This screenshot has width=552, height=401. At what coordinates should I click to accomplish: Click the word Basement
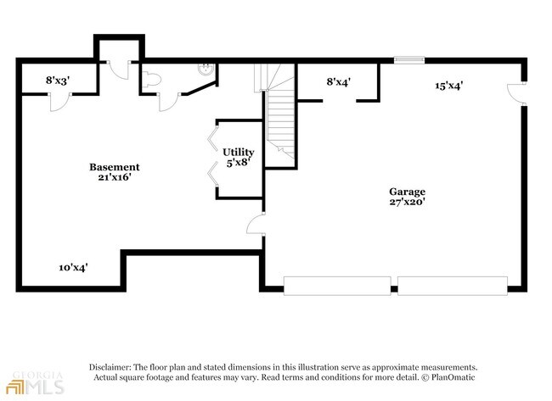click(x=115, y=167)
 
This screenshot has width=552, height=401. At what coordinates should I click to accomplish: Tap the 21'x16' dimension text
click(x=115, y=179)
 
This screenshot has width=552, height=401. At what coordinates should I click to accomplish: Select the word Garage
click(x=408, y=192)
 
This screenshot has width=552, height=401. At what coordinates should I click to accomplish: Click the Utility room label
click(x=239, y=152)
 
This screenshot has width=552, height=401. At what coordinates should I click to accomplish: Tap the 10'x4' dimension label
click(x=73, y=267)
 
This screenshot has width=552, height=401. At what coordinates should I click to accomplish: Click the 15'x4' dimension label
click(x=448, y=85)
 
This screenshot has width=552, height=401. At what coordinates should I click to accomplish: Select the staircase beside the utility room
click(x=279, y=119)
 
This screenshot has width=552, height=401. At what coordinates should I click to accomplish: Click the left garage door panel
click(x=337, y=286)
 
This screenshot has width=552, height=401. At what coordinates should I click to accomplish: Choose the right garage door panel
click(x=453, y=286)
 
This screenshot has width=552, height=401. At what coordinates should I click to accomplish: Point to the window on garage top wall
click(x=409, y=60)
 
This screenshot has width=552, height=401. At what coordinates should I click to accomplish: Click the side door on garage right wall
click(x=513, y=92)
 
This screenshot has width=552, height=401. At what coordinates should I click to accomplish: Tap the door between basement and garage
click(x=256, y=225)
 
